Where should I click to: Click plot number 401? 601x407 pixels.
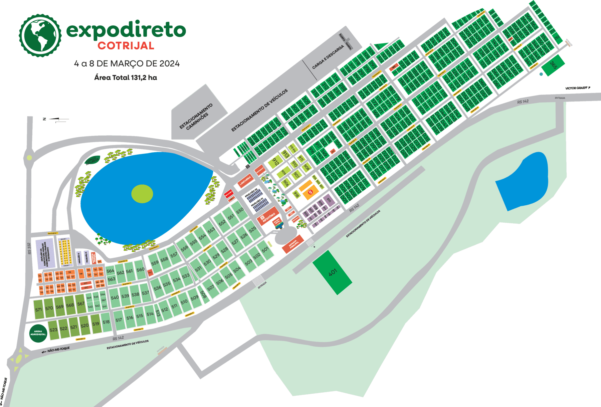tap(333, 272)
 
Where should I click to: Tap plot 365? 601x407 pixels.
tap(553, 65)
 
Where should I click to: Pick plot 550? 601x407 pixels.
tap(240, 211)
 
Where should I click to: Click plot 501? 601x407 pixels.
tap(265, 249)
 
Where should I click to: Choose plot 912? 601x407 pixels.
tap(275, 163)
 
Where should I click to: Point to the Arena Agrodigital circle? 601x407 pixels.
tap(38, 334)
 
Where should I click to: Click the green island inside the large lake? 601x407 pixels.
tap(142, 194)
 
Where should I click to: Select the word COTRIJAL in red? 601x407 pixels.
tap(126, 46)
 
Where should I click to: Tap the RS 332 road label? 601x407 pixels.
tap(30, 248)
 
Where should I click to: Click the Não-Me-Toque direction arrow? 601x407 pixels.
tap(44, 352)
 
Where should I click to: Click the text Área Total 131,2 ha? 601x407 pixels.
tap(126, 78)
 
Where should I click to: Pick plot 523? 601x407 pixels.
tap(53, 330)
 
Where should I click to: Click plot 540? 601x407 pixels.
tap(115, 297)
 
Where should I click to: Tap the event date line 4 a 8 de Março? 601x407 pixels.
tap(127, 63)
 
